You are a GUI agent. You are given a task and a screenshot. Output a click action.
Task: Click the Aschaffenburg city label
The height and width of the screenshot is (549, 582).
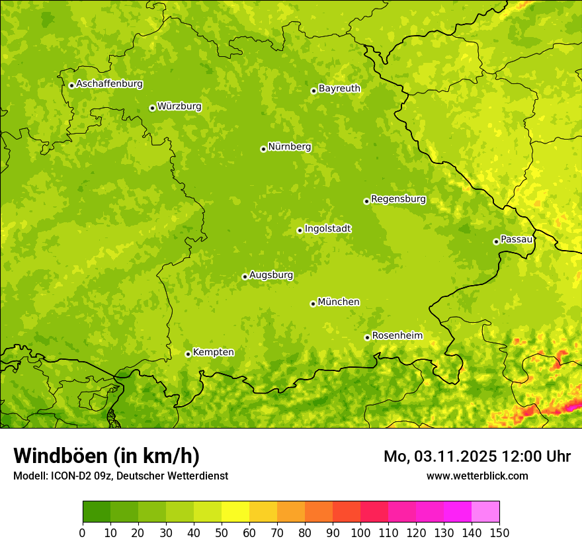point(109,84)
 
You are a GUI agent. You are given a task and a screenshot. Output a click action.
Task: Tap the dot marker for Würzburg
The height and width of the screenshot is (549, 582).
point(152,108)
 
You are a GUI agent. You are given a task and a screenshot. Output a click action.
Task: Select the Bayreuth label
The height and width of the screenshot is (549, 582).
point(339,88)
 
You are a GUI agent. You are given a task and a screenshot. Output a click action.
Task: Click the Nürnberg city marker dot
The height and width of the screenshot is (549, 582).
point(263,149)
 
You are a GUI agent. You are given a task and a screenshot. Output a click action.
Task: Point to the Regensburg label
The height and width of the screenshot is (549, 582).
point(398,199)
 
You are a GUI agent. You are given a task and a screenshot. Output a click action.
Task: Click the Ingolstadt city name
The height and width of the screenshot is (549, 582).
point(327,229)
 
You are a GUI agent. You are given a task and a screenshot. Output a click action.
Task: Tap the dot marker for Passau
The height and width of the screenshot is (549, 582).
point(496,241)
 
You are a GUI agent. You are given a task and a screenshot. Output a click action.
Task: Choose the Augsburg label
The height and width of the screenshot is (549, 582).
point(271,275)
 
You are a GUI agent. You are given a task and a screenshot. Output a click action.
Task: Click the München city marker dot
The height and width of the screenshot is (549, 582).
point(313,304)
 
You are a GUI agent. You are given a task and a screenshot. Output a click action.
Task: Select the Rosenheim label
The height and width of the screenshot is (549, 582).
point(397,336)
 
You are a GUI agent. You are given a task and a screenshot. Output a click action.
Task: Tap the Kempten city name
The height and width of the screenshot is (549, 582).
point(213,353)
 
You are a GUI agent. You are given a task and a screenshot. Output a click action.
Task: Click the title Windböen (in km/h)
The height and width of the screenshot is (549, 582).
point(106,456)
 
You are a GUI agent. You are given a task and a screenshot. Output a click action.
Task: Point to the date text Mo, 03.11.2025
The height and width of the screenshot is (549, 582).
point(440,456)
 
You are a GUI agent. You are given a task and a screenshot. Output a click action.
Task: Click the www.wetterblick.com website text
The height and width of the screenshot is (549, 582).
point(477,476)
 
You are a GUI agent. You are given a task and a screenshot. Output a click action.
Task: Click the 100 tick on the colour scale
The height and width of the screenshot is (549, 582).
point(360,532)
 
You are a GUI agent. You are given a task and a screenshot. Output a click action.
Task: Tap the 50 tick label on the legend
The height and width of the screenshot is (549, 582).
point(222,532)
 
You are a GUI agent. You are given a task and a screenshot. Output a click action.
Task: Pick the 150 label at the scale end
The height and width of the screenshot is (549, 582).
point(499,532)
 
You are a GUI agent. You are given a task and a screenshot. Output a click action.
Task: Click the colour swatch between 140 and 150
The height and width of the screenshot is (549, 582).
point(485,511)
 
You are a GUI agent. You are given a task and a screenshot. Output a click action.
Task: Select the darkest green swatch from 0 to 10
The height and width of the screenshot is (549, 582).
point(97,511)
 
